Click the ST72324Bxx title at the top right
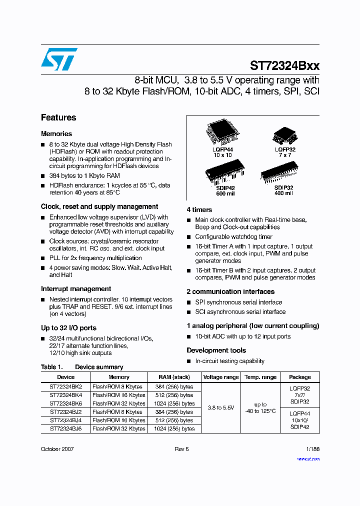284,65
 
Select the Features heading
58,117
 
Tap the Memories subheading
56,133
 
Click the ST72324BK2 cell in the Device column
65,386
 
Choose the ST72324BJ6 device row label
65,428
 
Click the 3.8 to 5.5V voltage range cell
221,407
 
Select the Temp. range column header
260,377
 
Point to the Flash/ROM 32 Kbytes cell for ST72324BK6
119,403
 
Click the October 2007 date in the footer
57,449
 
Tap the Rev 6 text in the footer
181,449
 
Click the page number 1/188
312,449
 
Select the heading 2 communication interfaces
230,291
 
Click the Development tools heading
216,350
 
